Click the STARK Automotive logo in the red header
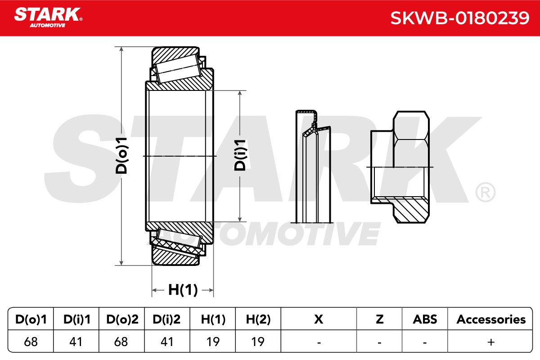tap(48, 18)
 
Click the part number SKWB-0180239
tap(460, 18)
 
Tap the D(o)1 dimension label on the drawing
tap(121, 156)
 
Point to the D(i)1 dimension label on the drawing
tap(240, 155)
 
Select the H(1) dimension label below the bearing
tap(183, 290)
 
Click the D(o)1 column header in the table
tap(31, 319)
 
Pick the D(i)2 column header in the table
tap(166, 319)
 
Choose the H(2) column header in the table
tap(258, 319)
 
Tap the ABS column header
tap(425, 319)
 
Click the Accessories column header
tap(491, 319)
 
